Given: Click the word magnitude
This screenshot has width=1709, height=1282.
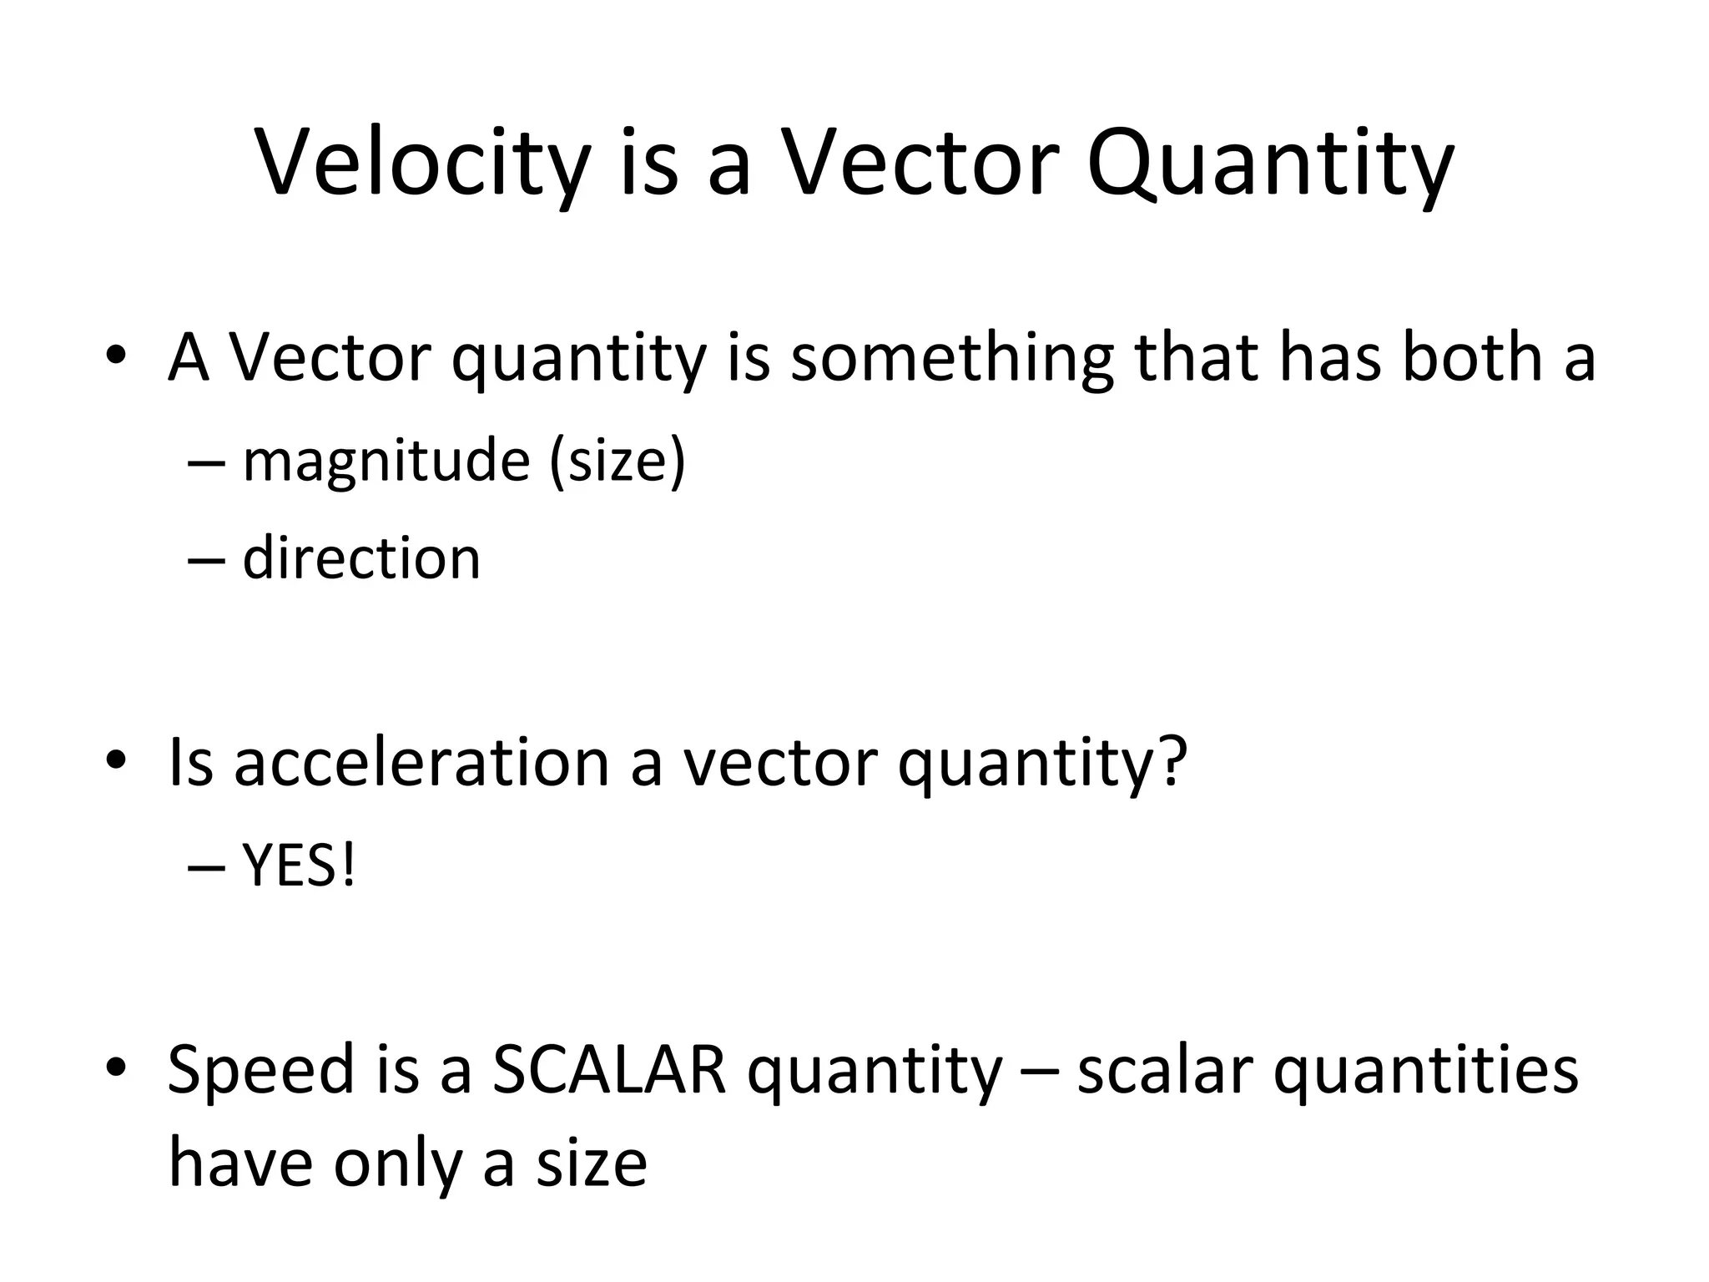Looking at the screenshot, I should (x=386, y=461).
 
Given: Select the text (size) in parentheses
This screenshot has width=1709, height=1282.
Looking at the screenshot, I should (x=618, y=462).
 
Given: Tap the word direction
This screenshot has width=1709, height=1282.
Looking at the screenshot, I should (x=361, y=558).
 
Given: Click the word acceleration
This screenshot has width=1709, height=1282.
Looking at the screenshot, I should (x=421, y=764).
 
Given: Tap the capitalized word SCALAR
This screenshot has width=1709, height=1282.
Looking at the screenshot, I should (x=609, y=1071).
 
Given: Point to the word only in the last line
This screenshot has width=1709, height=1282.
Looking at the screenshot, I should (x=397, y=1165).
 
